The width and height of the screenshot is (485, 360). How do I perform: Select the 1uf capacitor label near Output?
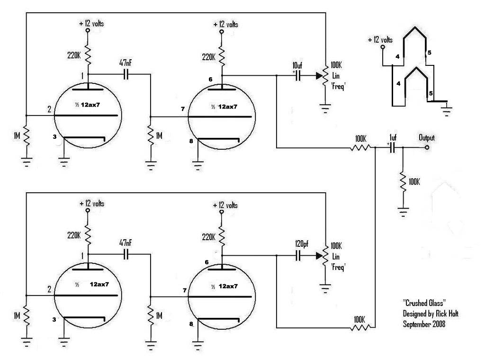tap(392, 138)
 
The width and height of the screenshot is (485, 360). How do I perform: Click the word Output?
tap(426, 138)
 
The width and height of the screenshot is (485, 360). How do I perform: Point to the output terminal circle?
tap(427, 148)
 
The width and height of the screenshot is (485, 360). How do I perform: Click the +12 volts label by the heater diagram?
tap(380, 40)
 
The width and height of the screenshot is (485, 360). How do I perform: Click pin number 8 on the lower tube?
tap(191, 324)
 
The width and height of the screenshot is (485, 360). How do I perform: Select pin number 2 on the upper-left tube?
tap(49, 109)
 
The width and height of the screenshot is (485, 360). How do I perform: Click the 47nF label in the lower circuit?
tap(126, 243)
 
